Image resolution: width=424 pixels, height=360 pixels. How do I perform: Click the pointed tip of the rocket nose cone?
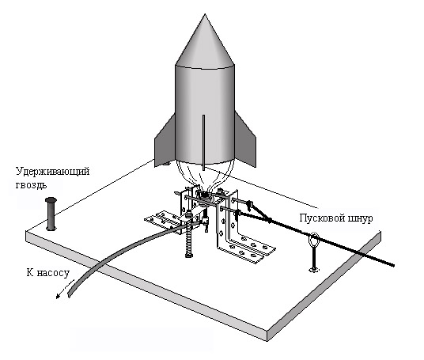pyautogui.click(x=205, y=14)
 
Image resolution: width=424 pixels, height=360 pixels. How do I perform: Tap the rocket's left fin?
pyautogui.click(x=165, y=142)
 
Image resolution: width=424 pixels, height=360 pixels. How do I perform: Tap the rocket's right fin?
pyautogui.click(x=245, y=141)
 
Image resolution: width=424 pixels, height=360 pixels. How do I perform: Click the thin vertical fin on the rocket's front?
pyautogui.click(x=203, y=142)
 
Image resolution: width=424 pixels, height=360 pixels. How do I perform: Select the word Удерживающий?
pyautogui.click(x=53, y=172)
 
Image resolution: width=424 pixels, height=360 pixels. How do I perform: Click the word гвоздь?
pyautogui.click(x=31, y=184)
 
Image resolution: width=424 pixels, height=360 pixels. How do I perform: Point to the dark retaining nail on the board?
pyautogui.click(x=51, y=214)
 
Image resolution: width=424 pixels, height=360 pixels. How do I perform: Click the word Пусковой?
pyautogui.click(x=319, y=218)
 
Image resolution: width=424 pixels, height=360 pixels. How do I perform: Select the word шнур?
pyautogui.click(x=358, y=218)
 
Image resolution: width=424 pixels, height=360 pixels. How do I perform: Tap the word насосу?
pyautogui.click(x=53, y=273)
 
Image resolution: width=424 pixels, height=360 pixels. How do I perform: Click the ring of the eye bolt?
pyautogui.click(x=314, y=240)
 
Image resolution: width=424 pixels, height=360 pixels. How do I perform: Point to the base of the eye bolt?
pyautogui.click(x=314, y=269)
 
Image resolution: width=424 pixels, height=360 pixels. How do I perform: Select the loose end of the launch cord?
pyautogui.click(x=392, y=265)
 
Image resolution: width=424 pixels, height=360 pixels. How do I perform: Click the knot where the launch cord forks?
pyautogui.click(x=270, y=221)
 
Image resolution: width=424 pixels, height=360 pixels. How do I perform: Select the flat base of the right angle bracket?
pyautogui.click(x=246, y=249)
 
